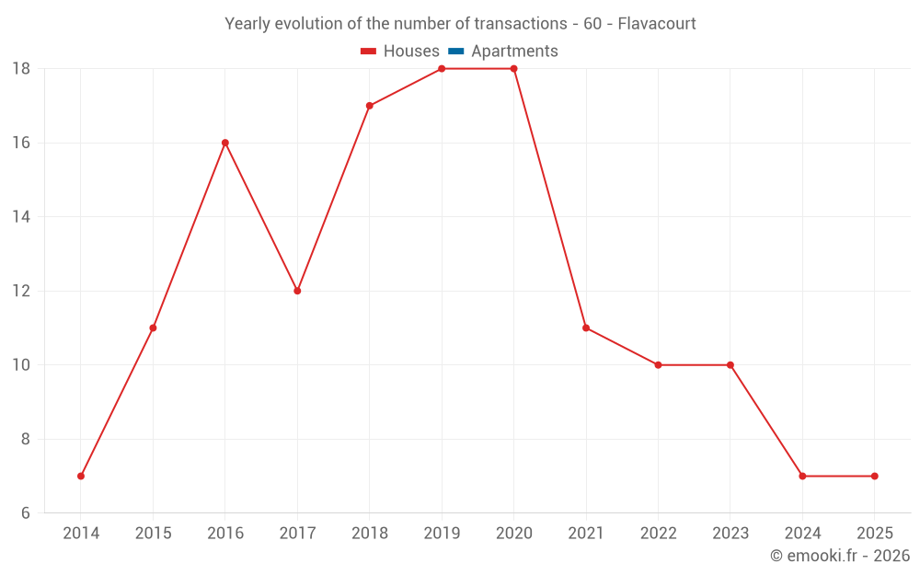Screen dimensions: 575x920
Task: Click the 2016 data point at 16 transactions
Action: [224, 143]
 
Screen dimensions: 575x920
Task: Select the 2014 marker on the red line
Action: [81, 476]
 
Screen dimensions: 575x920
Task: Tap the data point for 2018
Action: [369, 106]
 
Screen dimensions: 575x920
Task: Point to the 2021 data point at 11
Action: [586, 328]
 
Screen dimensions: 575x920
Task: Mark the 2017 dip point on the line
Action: [297, 291]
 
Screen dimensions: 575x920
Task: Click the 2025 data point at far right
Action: [874, 476]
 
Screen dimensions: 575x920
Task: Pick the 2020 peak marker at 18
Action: [513, 69]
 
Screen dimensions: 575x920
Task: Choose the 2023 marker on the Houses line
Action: [730, 365]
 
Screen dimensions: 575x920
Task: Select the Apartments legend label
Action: [514, 52]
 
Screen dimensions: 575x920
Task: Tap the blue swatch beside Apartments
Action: [456, 52]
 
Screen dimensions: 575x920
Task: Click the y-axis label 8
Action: [26, 439]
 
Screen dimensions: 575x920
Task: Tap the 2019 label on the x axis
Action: [442, 534]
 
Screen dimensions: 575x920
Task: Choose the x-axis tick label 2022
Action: [658, 534]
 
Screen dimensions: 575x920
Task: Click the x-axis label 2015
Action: [153, 534]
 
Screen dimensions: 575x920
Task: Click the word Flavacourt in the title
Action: [657, 23]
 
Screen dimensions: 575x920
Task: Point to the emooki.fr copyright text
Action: [840, 556]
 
